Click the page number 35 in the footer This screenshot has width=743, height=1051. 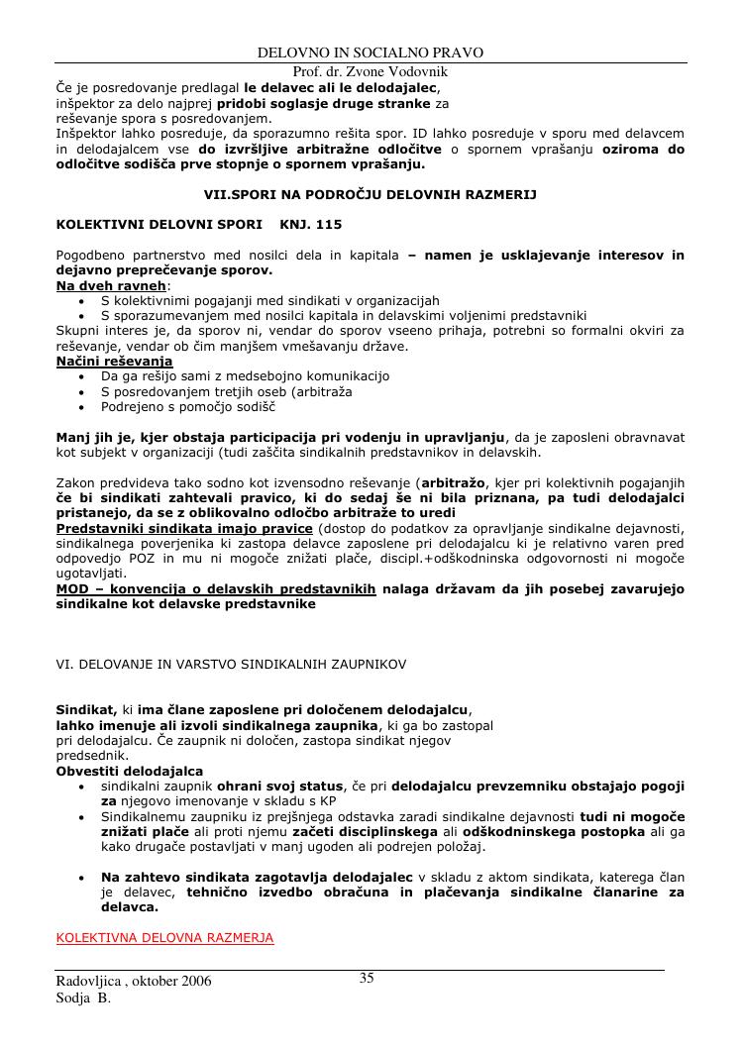(367, 979)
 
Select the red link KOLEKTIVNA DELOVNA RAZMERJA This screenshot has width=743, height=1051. (164, 937)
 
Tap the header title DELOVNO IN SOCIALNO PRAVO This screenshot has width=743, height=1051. (371, 53)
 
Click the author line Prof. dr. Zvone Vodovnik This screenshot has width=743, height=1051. (371, 71)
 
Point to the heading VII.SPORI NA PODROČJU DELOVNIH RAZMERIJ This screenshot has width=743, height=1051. (371, 195)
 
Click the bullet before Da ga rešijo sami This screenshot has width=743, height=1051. (80, 376)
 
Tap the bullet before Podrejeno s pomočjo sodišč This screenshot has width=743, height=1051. (80, 406)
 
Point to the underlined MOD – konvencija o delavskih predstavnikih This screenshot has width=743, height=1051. (216, 588)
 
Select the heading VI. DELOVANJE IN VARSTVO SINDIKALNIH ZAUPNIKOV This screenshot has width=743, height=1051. (231, 663)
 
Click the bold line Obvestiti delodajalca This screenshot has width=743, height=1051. (129, 770)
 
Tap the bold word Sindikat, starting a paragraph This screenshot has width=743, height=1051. (86, 710)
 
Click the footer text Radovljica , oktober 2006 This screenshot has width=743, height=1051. (134, 982)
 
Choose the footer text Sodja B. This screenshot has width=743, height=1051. (83, 998)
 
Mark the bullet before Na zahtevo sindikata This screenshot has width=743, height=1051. (80, 878)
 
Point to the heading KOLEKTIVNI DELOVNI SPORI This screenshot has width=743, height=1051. (159, 225)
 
